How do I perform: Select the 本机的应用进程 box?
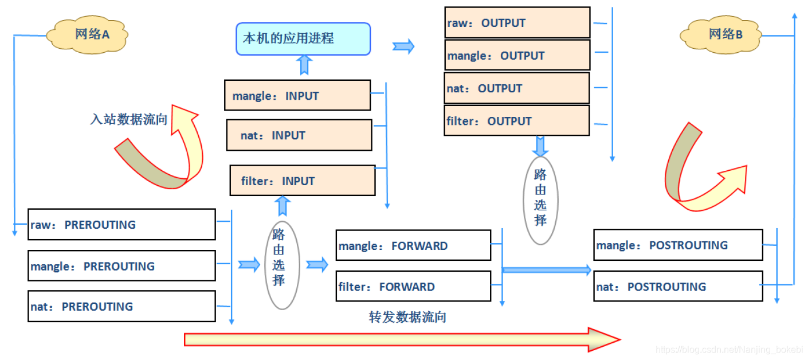(303, 39)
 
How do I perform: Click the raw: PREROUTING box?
(121, 225)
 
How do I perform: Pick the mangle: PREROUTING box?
(121, 266)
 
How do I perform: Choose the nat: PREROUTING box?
(121, 307)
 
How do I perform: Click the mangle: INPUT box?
(297, 96)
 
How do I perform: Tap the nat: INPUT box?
(299, 135)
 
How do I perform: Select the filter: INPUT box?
(303, 181)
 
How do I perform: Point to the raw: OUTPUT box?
(517, 23)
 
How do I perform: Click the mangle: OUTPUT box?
(517, 56)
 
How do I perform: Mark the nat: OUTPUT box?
(517, 88)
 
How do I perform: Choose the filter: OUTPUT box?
(517, 121)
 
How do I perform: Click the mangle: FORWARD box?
(413, 245)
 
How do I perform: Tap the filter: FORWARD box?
(413, 287)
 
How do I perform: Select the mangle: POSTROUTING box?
(678, 245)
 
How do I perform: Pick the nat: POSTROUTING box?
(678, 287)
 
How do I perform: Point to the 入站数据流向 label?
(128, 119)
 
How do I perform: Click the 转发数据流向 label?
(407, 317)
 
